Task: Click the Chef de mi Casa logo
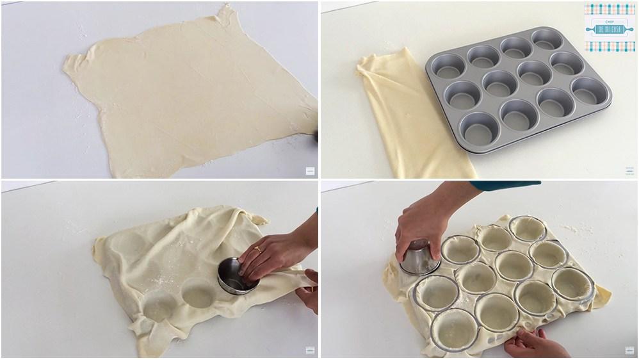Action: [610, 28]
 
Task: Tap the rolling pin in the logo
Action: [610, 29]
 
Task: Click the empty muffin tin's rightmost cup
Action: [588, 90]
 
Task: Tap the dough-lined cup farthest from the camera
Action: [528, 228]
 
